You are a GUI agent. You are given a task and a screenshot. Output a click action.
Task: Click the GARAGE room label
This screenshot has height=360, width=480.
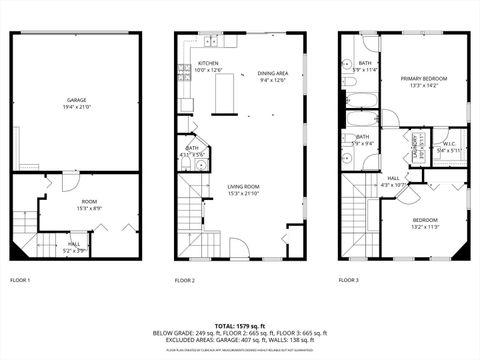(x=76, y=100)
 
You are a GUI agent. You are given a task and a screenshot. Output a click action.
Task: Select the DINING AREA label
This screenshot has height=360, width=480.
(x=272, y=73)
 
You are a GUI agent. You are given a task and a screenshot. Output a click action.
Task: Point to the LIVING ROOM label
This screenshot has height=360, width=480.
(x=243, y=186)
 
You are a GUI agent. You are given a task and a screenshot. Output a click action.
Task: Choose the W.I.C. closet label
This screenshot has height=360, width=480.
(x=449, y=143)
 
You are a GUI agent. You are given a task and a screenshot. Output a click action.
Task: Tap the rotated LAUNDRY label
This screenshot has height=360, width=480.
(x=415, y=145)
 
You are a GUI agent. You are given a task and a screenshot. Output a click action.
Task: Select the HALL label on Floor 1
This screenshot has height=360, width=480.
(x=75, y=243)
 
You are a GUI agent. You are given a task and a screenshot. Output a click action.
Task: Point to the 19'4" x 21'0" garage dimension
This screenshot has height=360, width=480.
(x=76, y=107)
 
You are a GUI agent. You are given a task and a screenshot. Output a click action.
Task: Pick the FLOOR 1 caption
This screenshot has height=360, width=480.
(x=20, y=280)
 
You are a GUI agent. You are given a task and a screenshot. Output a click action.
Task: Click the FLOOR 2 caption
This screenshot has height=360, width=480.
(x=184, y=280)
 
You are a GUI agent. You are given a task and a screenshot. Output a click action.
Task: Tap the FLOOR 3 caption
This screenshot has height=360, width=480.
(x=348, y=280)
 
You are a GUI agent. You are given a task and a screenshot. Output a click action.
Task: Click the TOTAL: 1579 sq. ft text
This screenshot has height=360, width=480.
(x=239, y=325)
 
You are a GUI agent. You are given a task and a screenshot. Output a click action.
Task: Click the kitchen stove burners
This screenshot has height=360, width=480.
(x=184, y=71)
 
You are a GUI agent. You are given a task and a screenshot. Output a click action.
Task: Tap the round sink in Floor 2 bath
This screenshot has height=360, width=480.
(x=200, y=166)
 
